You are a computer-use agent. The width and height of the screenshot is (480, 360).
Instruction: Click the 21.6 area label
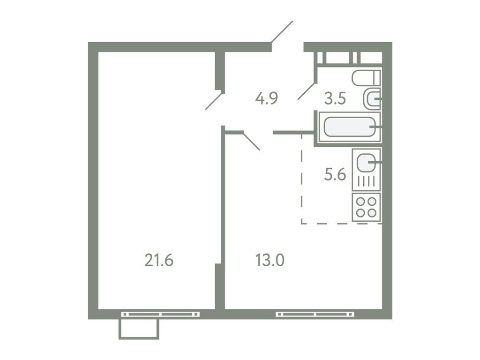159,259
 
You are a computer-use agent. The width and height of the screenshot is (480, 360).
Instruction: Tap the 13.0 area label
270,259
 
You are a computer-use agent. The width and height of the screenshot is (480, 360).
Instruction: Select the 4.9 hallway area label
267,98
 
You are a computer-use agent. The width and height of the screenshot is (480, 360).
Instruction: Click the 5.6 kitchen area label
335,174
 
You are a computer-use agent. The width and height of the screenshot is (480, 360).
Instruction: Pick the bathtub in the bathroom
349,127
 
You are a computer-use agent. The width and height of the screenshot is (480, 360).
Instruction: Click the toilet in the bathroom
366,77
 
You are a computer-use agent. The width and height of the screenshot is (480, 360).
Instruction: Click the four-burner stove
366,206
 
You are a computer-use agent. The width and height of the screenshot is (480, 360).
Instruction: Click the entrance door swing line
282,31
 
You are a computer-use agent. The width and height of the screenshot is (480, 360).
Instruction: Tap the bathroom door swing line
307,91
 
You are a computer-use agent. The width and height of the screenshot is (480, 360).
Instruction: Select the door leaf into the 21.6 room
213,101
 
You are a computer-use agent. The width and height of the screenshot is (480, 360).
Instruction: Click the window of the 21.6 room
159,314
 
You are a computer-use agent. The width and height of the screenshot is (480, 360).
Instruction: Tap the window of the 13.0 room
315,314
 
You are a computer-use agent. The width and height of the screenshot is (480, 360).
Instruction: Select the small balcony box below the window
139,329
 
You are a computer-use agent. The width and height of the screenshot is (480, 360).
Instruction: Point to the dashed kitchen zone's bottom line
341,224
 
